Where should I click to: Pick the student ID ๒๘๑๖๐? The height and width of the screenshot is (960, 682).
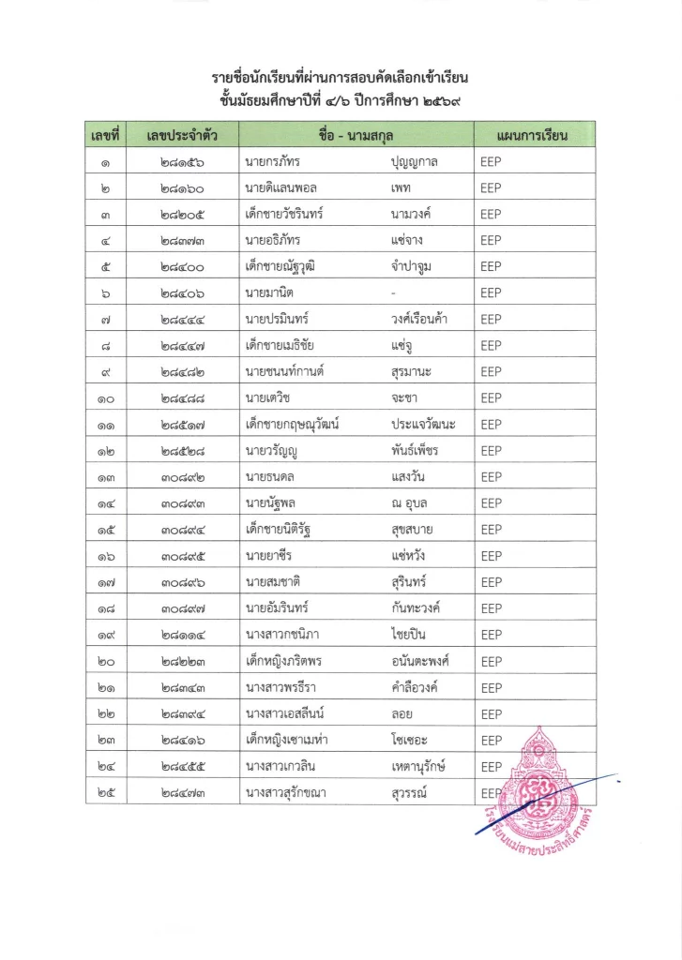[x=182, y=187]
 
